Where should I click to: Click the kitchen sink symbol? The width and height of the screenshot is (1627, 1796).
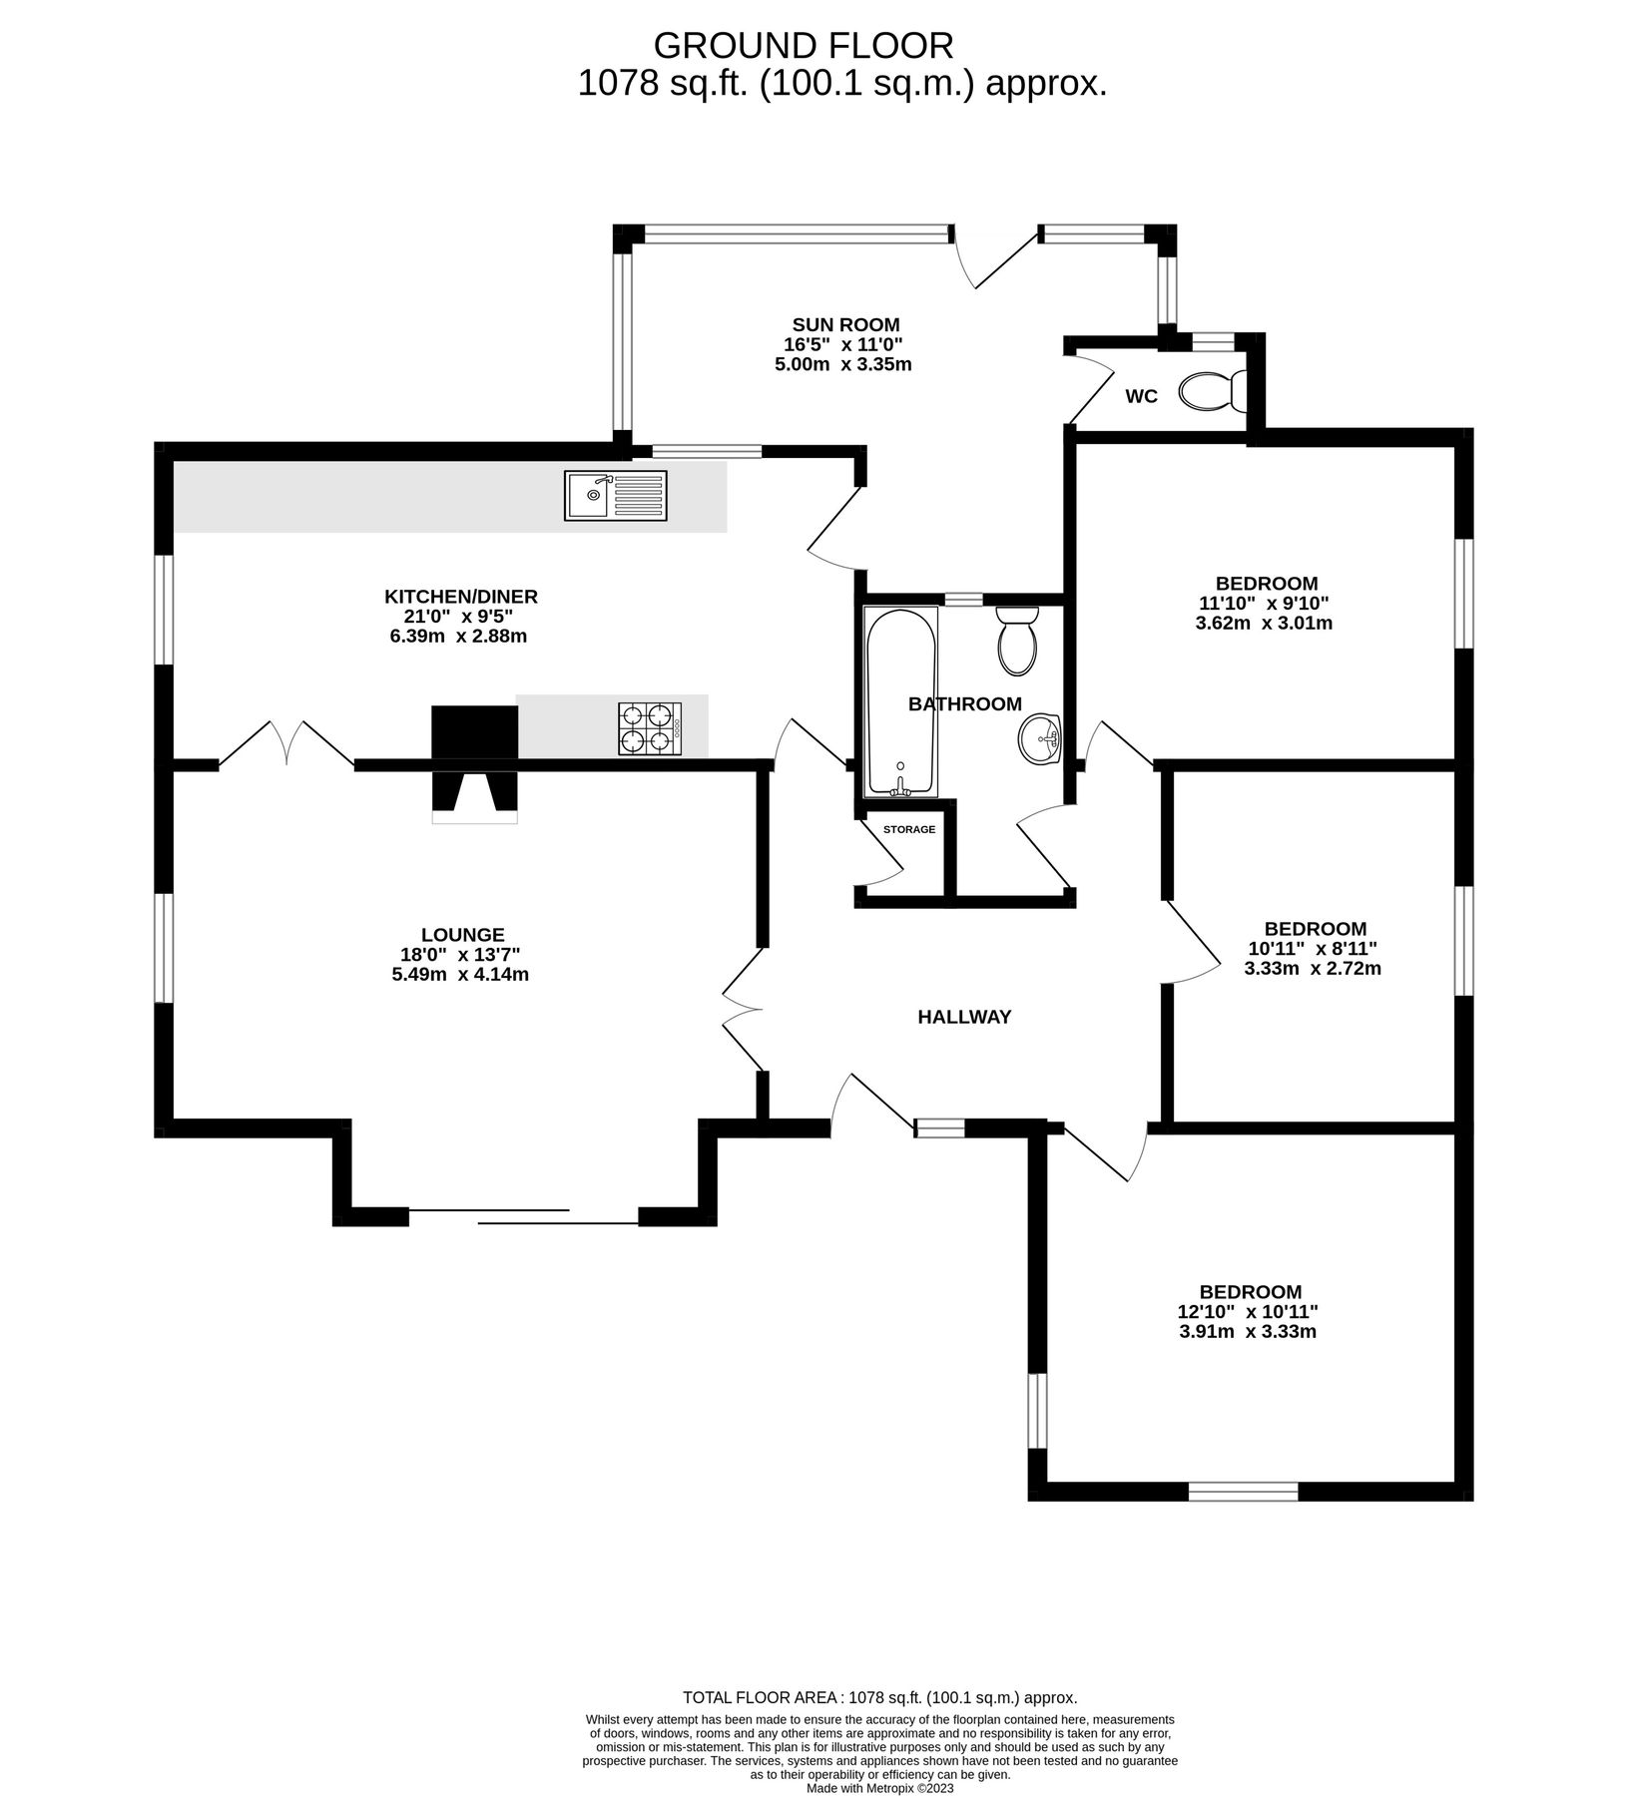point(615,496)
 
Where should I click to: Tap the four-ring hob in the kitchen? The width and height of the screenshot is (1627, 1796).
point(650,728)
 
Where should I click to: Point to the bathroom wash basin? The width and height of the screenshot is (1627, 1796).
point(1040,739)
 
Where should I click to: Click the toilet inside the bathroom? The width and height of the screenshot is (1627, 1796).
point(1017,640)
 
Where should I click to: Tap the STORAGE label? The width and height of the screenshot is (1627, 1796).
point(909,829)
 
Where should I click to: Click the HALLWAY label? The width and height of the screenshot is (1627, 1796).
point(964,1017)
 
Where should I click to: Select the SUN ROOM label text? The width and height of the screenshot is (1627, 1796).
point(845,324)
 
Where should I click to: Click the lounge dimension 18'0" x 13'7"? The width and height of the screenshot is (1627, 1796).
point(460,955)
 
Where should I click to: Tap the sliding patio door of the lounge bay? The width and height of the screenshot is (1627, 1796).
point(523,1216)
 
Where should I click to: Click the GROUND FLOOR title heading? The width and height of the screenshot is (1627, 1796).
point(803,45)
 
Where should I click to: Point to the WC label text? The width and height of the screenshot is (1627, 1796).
point(1141,396)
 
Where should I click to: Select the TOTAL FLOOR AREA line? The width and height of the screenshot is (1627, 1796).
point(879,1697)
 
